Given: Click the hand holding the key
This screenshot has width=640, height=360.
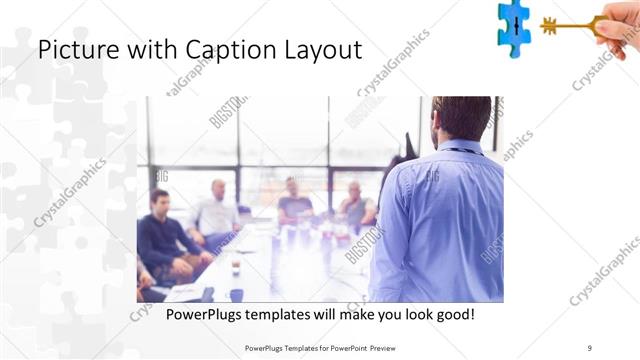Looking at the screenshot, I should click(x=618, y=23).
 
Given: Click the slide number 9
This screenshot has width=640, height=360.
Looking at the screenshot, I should click(x=590, y=348).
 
